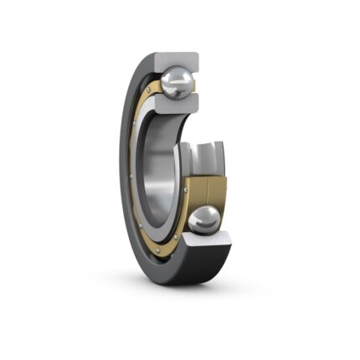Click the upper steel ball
177,83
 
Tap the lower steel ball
203,220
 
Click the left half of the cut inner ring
188,159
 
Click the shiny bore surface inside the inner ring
159,167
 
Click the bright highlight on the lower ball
199,215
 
